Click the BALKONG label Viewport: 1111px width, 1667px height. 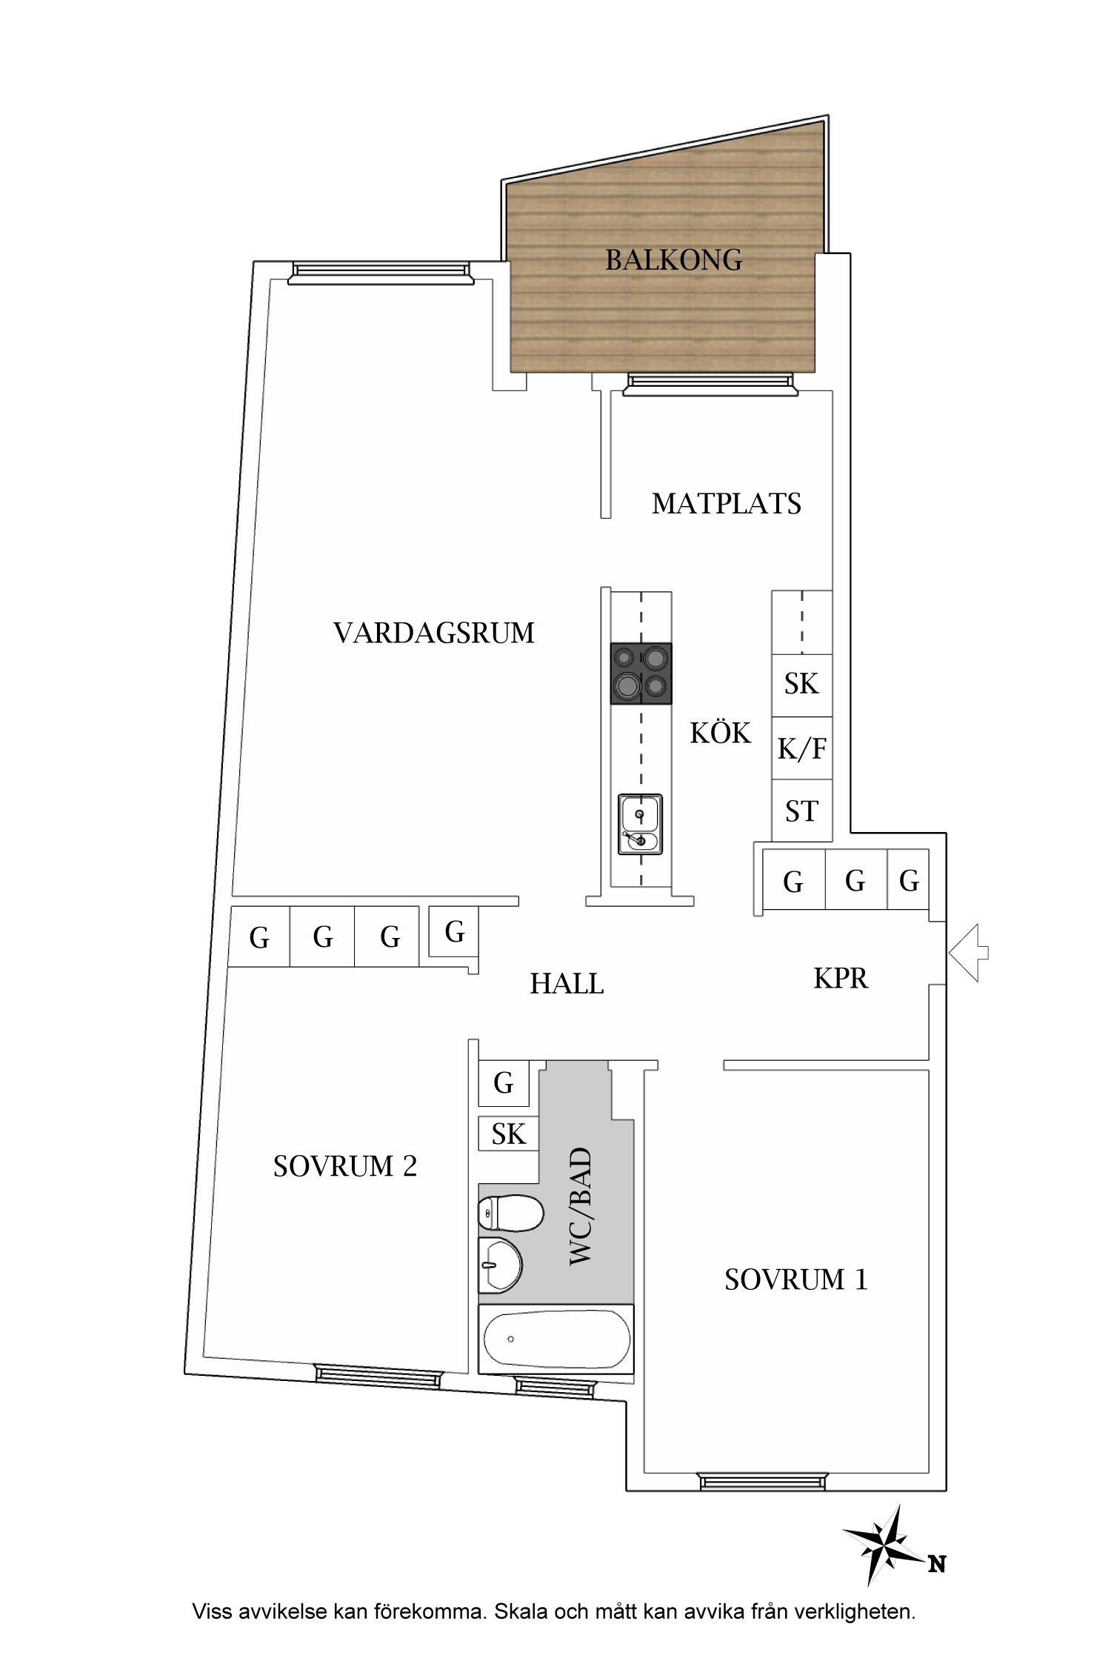pyautogui.click(x=673, y=260)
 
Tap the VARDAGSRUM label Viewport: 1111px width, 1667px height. pyautogui.click(x=434, y=633)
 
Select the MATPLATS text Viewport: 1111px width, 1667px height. pyautogui.click(x=727, y=504)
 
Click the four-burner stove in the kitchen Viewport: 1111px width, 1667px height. pyautogui.click(x=641, y=673)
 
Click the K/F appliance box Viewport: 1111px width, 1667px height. pyautogui.click(x=801, y=748)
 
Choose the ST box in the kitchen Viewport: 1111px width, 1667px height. pyautogui.click(x=801, y=811)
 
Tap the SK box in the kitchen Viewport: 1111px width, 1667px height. pyautogui.click(x=801, y=685)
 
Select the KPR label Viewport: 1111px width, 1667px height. pyautogui.click(x=841, y=979)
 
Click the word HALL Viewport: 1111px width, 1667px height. pyautogui.click(x=567, y=984)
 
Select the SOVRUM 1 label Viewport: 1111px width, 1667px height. pyautogui.click(x=795, y=1280)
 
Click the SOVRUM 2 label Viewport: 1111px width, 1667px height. pyautogui.click(x=345, y=1167)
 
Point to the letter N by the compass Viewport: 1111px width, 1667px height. pyautogui.click(x=937, y=1564)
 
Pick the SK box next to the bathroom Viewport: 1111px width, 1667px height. pyautogui.click(x=508, y=1134)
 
